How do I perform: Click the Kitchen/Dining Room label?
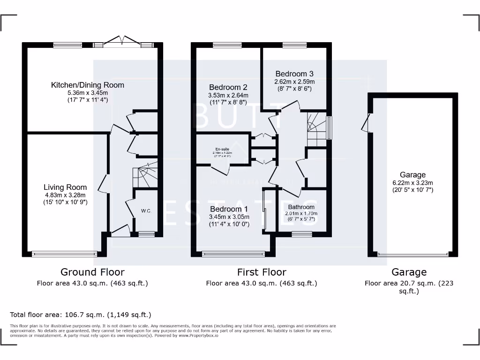pos(88,85)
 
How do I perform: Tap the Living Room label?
pos(65,187)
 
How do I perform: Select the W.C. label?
pos(146,211)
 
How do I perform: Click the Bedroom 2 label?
pos(228,87)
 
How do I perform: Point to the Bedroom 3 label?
pos(294,74)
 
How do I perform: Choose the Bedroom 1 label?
pos(229,209)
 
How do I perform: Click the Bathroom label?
pos(301,207)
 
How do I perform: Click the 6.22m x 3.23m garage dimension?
pos(412,183)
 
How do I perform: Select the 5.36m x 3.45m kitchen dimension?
pos(88,93)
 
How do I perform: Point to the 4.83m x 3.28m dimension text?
pos(65,195)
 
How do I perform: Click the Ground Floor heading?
pos(92,272)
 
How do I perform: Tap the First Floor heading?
pos(262,272)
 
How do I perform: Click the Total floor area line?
pos(81,315)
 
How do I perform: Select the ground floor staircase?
pos(145,176)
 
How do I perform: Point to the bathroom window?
pos(302,233)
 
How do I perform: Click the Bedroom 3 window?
pos(294,45)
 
